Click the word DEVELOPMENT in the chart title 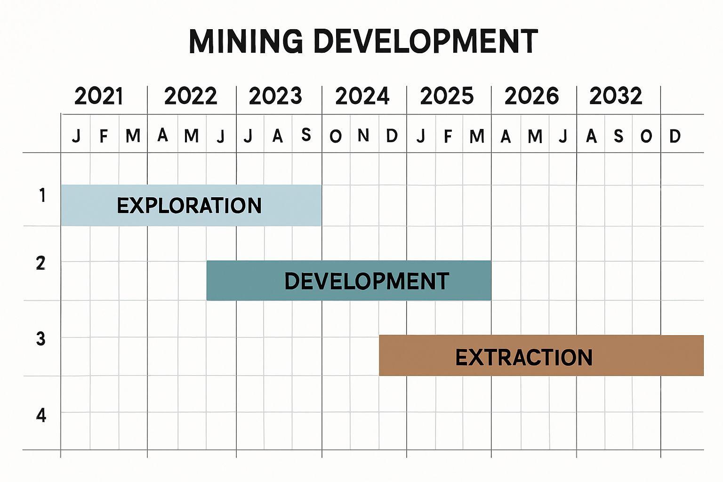point(425,41)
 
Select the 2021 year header point(99,96)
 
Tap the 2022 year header point(191,96)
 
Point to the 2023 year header point(275,96)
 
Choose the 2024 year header point(362,96)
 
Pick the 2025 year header point(447,96)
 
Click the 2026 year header point(531,96)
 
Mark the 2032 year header point(616,96)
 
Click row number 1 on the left point(42,195)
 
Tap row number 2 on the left point(41,264)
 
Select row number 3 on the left point(41,339)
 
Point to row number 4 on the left point(41,416)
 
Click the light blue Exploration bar point(191,206)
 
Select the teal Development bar point(349,281)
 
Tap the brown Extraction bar point(541,356)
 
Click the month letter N point(363,136)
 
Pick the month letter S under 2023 point(306,136)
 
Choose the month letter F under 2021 point(104,137)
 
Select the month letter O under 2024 point(335,137)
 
